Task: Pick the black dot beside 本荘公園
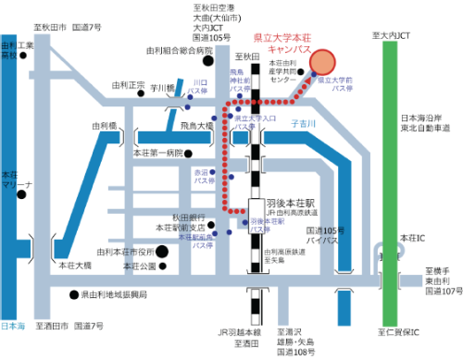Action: [x=162, y=267]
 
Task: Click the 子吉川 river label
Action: [x=304, y=121]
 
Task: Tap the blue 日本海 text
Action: [x=13, y=327]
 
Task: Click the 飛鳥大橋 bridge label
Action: [x=196, y=124]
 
